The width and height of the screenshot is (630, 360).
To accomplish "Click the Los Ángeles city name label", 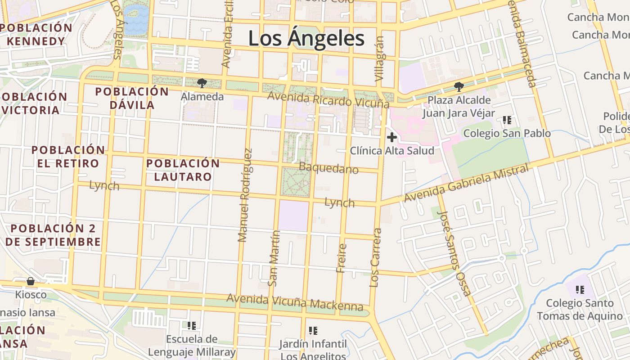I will [306, 39].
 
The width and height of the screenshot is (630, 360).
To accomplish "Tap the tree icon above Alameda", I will [202, 83].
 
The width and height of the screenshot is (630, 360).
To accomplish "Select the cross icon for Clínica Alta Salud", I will [392, 137].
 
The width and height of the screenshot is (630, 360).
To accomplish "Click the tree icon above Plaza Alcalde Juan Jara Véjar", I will [459, 86].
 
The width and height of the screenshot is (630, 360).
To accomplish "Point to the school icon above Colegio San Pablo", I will [507, 120].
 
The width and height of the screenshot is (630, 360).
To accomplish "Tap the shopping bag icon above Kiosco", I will [31, 282].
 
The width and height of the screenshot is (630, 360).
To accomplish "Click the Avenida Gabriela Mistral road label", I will [466, 184].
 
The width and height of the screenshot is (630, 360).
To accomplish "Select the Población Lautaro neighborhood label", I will [183, 170].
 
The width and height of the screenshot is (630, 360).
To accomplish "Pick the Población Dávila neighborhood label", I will [131, 98].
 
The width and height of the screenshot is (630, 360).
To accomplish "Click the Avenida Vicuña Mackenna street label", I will [295, 302].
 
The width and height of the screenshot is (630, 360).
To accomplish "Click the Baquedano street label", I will [328, 168].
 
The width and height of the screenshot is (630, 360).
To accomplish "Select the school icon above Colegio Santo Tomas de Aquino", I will [580, 289].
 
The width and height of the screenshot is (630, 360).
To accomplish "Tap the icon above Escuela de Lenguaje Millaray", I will [192, 325].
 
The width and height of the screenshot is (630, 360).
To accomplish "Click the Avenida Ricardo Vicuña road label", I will [328, 100].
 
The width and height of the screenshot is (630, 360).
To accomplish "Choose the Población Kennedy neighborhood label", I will [36, 34].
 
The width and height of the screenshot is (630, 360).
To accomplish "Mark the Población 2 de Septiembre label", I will [53, 235].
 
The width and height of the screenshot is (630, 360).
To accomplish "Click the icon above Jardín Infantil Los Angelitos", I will [313, 331].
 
